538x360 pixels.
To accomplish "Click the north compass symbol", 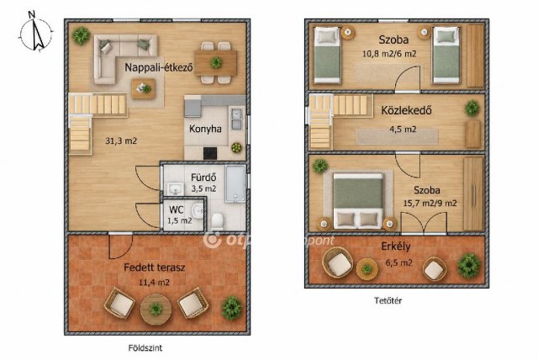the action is (x=36, y=33).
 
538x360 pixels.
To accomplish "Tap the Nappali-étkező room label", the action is (x=159, y=67).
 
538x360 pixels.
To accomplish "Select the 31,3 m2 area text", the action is (x=121, y=140).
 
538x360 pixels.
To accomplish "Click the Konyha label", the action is (x=205, y=129).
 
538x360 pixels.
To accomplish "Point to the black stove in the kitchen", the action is (x=210, y=153).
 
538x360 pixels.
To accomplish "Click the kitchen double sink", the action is (x=236, y=119).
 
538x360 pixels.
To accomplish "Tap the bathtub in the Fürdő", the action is (x=235, y=183).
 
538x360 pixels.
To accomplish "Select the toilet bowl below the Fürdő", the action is (x=217, y=221).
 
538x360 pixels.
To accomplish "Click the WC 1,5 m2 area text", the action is (x=180, y=220).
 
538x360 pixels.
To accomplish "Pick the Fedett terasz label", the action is (x=155, y=267).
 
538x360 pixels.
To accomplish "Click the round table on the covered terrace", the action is (x=156, y=310).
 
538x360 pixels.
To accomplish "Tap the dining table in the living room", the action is (x=216, y=63).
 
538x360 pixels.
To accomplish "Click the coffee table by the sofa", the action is (x=144, y=88).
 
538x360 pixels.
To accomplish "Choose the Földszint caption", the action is (x=145, y=348).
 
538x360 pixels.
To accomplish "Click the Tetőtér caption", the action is (x=388, y=300).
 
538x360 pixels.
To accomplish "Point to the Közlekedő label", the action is (x=406, y=110).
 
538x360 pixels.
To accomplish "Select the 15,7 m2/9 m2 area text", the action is (x=430, y=204).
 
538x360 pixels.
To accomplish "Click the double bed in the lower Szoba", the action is (x=358, y=201).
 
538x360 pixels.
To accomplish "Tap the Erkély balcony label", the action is (x=396, y=246).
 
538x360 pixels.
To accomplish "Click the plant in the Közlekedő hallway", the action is (x=472, y=108).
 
